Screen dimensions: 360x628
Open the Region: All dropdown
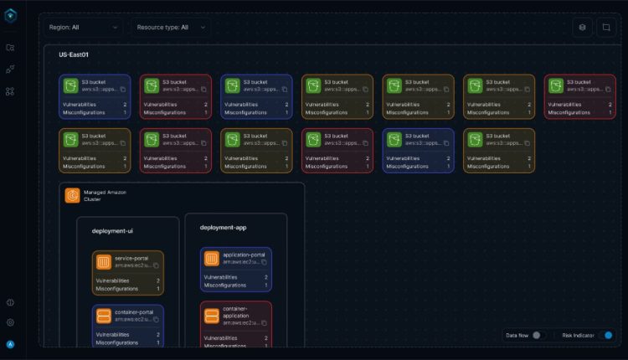pyautogui.click(x=83, y=27)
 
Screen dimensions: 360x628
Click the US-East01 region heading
pyautogui.click(x=74, y=54)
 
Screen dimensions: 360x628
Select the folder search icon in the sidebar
pyautogui.click(x=10, y=49)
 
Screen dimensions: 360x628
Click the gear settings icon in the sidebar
pyautogui.click(x=10, y=321)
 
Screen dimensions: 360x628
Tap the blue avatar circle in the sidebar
pyautogui.click(x=10, y=343)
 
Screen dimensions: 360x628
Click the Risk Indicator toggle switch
pyautogui.click(x=607, y=335)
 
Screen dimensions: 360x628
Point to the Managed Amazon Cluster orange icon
pyautogui.click(x=73, y=197)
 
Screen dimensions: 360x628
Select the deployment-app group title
pyautogui.click(x=222, y=227)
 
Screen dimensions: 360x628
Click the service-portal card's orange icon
pyautogui.click(x=104, y=262)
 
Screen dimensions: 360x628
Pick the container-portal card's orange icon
pyautogui.click(x=104, y=316)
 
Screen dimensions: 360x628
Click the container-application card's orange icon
pyautogui.click(x=212, y=316)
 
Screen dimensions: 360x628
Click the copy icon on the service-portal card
pyautogui.click(x=157, y=266)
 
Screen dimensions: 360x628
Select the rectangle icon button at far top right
pyautogui.click(x=605, y=27)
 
